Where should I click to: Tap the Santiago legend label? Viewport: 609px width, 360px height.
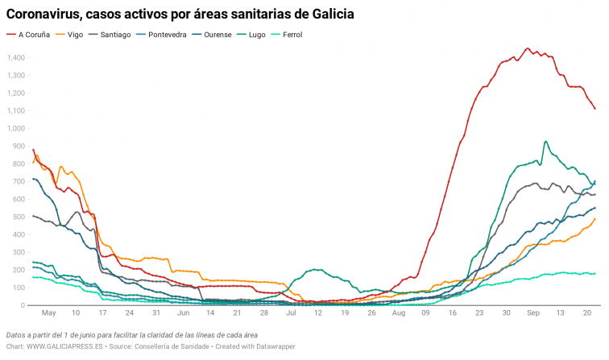tap(115, 35)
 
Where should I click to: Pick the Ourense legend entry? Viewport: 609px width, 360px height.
tap(222, 35)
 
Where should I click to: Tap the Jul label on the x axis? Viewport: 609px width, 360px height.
tap(290, 312)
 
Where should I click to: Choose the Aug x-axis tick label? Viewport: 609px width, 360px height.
tap(398, 312)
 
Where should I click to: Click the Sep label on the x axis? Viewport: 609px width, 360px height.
tap(533, 312)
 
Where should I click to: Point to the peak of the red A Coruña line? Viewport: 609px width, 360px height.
tap(527, 48)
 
